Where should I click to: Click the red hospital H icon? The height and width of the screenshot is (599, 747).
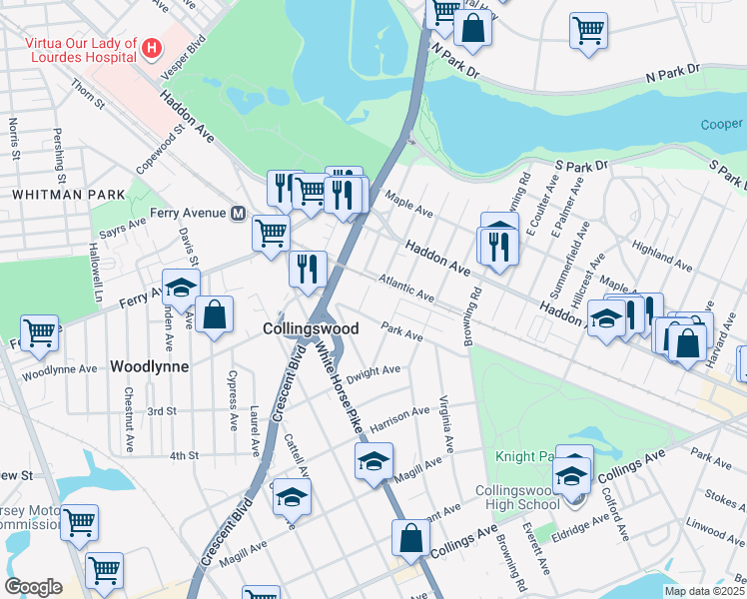(x=152, y=47)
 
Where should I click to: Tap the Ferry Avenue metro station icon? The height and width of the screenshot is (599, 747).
(x=239, y=213)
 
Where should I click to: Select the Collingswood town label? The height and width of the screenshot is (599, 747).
(x=311, y=328)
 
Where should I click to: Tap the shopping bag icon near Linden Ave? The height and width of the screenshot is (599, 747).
(x=214, y=315)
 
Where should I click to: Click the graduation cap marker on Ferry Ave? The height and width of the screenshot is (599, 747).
(x=181, y=288)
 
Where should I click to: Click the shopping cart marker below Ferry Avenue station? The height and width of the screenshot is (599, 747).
(x=271, y=234)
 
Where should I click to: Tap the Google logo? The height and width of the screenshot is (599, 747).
(x=33, y=587)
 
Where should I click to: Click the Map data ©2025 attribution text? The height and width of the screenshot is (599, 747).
(x=705, y=591)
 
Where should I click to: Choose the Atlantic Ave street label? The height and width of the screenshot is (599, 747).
(x=408, y=292)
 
